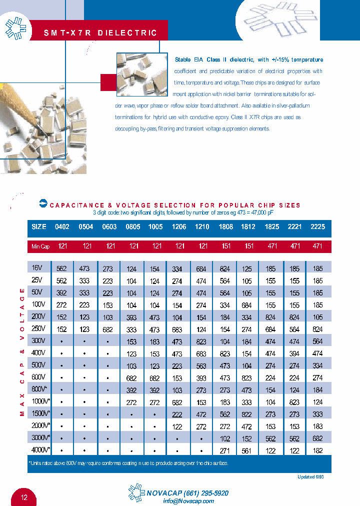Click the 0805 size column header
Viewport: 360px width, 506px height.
133,226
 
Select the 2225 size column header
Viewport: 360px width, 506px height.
317,226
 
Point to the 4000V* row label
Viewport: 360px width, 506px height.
40,450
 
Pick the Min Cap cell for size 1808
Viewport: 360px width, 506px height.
225,246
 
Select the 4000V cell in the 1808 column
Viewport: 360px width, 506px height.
225,450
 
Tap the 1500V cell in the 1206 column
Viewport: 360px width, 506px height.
177,414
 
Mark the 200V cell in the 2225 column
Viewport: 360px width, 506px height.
317,317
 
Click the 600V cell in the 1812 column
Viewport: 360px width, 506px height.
246,378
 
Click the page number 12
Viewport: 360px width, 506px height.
25,497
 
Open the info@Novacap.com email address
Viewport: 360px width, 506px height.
188,501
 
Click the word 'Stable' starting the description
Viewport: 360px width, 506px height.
182,59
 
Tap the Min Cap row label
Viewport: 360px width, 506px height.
40,246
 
